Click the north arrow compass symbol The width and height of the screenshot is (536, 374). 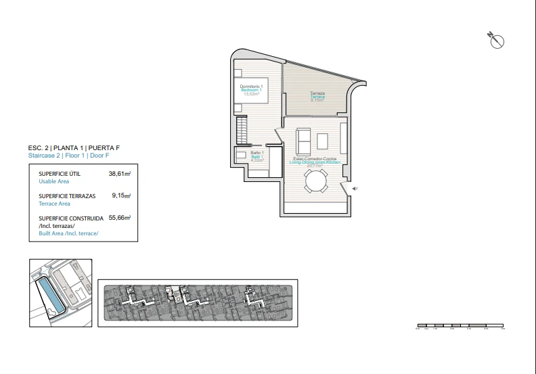click(497, 41)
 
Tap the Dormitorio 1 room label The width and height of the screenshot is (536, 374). click(251, 87)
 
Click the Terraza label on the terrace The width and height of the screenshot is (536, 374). click(317, 93)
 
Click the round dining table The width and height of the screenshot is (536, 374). click(316, 181)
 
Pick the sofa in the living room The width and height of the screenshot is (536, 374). click(303, 141)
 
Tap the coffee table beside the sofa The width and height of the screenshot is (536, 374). click(322, 141)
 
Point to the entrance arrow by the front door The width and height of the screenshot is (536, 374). click(353, 189)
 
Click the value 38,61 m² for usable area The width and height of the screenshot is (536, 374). click(119, 174)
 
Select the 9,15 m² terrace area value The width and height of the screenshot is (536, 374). click(121, 195)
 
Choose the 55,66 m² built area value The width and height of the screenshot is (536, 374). click(119, 218)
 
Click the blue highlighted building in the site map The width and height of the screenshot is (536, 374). click(49, 298)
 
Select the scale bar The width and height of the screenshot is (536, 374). click(460, 325)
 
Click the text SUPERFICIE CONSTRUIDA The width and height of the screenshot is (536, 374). click(71, 218)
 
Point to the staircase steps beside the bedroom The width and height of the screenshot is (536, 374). click(241, 128)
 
